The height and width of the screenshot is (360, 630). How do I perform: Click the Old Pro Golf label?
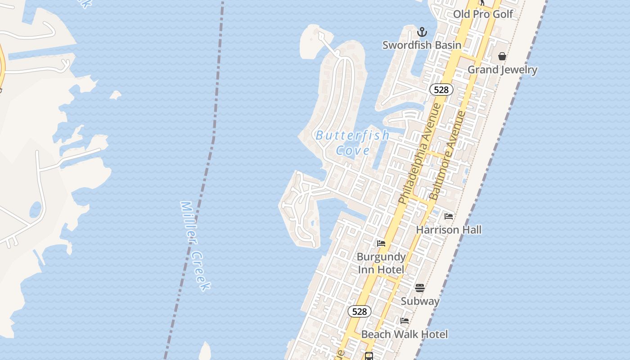[x=483, y=14]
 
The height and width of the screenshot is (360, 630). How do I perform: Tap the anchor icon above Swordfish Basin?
[x=422, y=32]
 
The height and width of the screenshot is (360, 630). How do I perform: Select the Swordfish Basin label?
[x=422, y=45]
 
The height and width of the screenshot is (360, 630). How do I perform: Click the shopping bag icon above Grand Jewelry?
[x=502, y=56]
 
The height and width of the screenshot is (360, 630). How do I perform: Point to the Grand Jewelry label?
[x=502, y=70]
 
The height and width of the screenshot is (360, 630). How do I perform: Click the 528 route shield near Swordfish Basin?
[x=441, y=90]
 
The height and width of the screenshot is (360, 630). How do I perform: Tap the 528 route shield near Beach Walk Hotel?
[x=360, y=311]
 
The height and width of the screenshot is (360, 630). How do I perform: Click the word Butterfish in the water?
[x=352, y=135]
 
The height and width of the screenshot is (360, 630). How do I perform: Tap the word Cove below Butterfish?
[x=353, y=150]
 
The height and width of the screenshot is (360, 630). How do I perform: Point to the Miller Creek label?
[x=195, y=245]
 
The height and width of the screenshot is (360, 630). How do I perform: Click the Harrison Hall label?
[x=449, y=230]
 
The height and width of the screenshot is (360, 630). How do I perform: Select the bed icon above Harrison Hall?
[x=449, y=216]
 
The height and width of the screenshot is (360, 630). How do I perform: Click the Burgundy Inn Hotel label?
[x=381, y=263]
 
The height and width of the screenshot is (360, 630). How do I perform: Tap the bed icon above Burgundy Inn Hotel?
[x=381, y=243]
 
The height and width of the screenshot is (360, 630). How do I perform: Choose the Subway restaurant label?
[x=420, y=301]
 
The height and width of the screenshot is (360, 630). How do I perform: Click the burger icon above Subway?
[x=420, y=288]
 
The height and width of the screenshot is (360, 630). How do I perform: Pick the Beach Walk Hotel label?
[x=405, y=334]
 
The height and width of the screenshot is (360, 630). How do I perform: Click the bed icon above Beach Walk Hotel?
[x=405, y=321]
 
